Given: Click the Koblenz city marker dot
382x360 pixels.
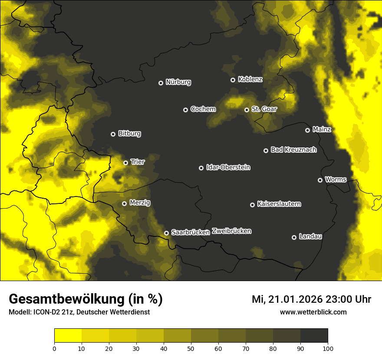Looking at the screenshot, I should [x=233, y=80].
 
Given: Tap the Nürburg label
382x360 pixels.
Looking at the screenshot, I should [x=178, y=82].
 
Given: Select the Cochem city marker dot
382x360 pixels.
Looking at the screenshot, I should [x=185, y=110].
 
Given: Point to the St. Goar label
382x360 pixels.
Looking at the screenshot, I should [x=264, y=109].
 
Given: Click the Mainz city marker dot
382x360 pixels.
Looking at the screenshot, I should [x=307, y=130].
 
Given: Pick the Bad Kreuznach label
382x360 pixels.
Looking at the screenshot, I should [x=293, y=150].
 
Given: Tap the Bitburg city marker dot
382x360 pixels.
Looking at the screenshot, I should [x=113, y=134].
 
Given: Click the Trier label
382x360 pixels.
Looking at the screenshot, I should [x=138, y=162].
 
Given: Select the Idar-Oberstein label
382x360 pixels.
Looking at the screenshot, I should [x=228, y=167].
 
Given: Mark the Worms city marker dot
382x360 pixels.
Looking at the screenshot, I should [x=320, y=180].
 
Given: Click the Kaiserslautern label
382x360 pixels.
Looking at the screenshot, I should [x=279, y=204].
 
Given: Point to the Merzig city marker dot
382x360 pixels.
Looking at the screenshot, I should [x=124, y=203].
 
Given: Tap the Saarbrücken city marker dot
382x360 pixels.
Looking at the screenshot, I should [x=166, y=233].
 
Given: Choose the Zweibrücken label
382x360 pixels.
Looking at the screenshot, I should [x=231, y=231].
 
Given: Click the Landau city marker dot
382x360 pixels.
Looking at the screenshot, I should [x=294, y=237].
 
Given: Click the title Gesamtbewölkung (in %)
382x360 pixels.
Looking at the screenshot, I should [x=86, y=299].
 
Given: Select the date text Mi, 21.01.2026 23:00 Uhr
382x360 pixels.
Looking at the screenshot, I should [x=311, y=299].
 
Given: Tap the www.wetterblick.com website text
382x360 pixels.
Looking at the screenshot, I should [x=313, y=312].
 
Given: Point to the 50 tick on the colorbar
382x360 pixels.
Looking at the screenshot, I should [x=191, y=348].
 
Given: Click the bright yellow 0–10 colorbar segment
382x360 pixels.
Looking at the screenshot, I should [x=68, y=336].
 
